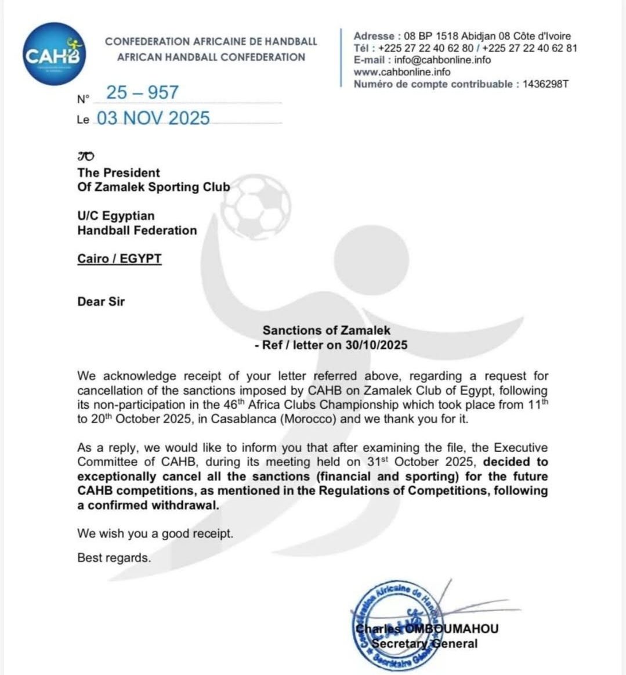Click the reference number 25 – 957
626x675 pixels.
142,93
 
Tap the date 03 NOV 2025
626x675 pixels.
153,118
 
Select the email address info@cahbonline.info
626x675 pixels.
442,60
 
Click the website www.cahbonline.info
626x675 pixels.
401,72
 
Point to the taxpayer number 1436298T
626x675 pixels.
545,84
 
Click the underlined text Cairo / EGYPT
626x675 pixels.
120,258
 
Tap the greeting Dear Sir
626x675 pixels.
101,301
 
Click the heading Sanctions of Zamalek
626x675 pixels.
326,330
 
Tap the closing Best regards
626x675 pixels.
114,558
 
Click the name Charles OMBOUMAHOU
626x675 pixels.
426,629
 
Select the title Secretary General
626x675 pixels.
424,643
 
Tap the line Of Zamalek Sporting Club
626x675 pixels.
154,187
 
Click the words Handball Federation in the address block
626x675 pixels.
137,230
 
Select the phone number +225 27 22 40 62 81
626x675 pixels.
529,48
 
